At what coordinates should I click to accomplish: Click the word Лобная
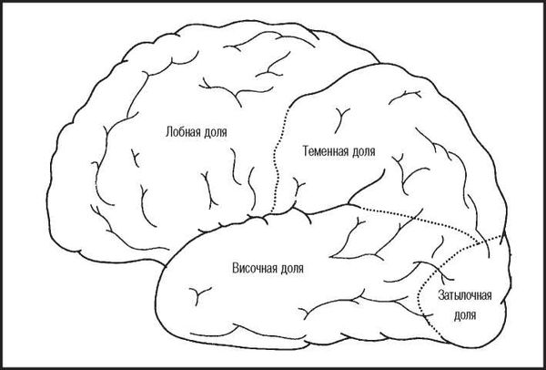(x=183, y=131)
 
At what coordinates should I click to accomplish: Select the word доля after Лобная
(x=216, y=131)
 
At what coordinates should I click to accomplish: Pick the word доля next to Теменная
(x=362, y=149)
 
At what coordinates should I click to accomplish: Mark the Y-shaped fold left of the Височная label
(x=197, y=293)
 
